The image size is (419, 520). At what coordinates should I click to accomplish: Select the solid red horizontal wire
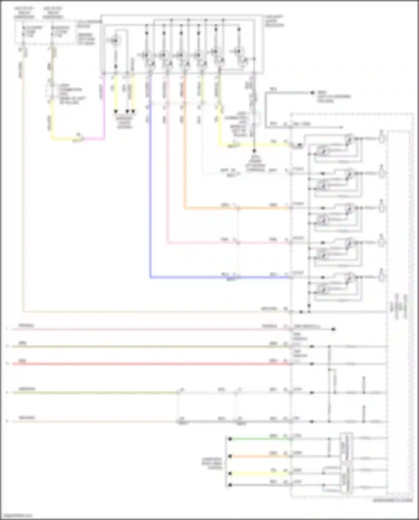[x=140, y=364]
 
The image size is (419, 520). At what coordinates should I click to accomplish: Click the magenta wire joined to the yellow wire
[x=104, y=112]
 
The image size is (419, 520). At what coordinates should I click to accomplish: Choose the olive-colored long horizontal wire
[x=140, y=347]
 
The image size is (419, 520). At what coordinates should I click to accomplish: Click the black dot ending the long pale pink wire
[x=333, y=329]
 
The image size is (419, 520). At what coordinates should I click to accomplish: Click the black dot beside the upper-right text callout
[x=313, y=92]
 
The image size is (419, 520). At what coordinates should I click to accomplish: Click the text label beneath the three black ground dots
[x=124, y=123]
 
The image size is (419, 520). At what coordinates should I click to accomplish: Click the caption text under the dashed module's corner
[x=393, y=500]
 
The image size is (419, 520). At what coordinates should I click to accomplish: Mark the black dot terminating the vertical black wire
[x=254, y=151]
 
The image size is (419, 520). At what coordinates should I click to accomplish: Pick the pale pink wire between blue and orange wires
[x=168, y=182]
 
